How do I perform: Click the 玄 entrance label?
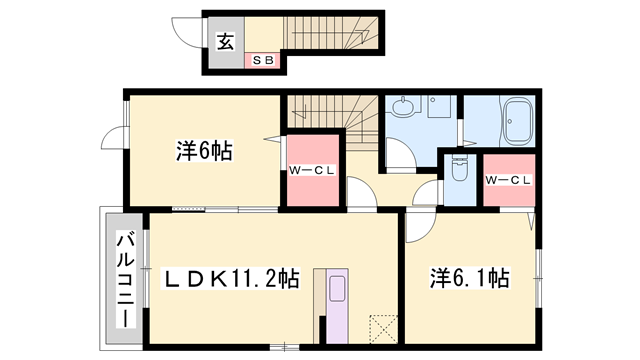point(226,42)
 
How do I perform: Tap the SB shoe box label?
point(264,60)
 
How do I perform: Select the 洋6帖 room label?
point(205,151)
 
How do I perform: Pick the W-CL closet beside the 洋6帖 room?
point(312,171)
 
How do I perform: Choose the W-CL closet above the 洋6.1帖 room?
point(507,180)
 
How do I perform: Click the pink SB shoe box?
point(264,60)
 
